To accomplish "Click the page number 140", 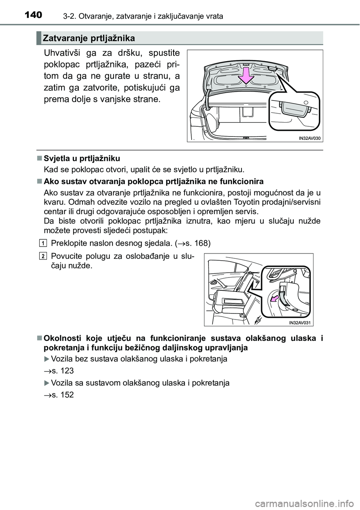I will pos(37,15).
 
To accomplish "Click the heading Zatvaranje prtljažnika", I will pos(88,38).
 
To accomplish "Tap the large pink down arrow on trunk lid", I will pos(246,75).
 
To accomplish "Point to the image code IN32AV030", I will pos(309,138).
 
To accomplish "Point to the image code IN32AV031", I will pos(301,322).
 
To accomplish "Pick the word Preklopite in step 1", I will pos(68,243).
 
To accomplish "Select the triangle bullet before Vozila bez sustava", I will pos(46,359).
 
